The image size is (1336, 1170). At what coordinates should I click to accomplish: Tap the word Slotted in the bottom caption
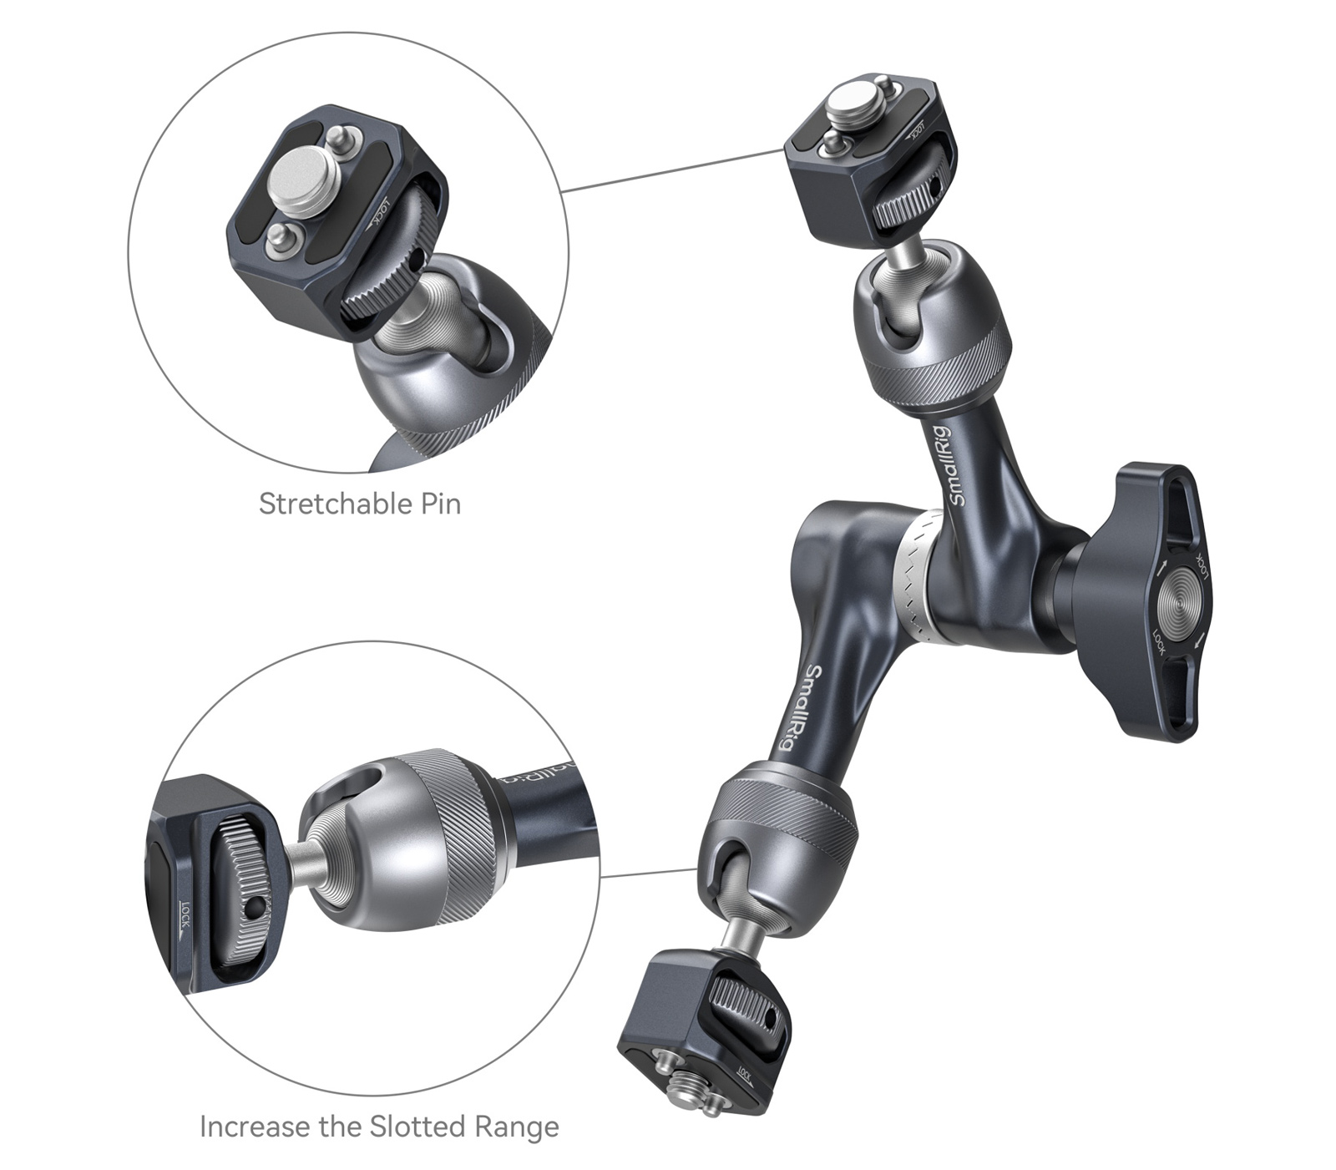(420, 1127)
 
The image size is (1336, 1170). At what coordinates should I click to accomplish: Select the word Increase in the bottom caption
(255, 1127)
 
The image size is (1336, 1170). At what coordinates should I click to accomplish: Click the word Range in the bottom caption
(517, 1127)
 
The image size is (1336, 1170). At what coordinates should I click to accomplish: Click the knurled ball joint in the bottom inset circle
(409, 843)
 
